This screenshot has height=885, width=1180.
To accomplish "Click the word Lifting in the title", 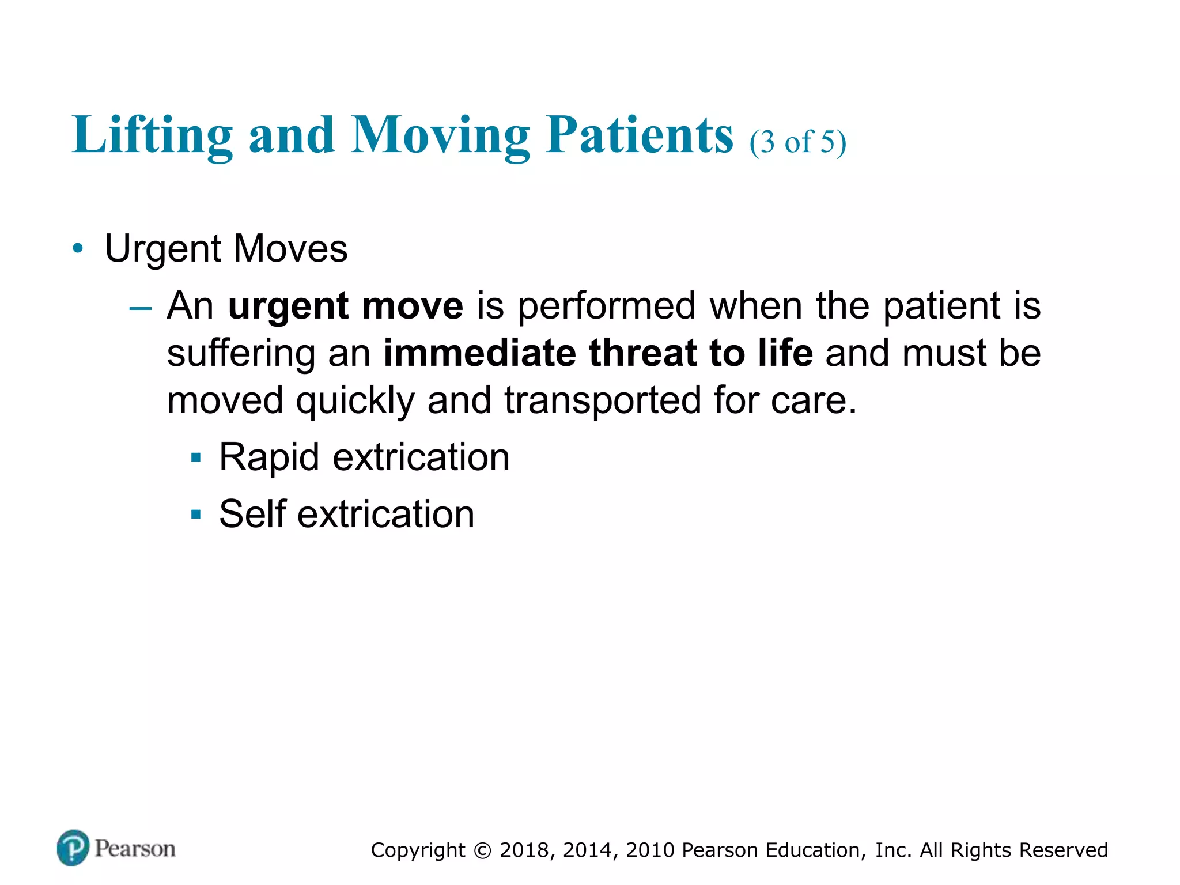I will [x=152, y=136].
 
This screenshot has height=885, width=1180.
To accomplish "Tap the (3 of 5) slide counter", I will [x=797, y=142].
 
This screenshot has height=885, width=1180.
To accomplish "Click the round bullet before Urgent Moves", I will [x=78, y=249].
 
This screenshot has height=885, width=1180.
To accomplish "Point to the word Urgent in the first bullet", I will [x=162, y=249].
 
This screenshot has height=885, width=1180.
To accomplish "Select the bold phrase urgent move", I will [x=345, y=306].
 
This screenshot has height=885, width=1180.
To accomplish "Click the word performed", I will [x=606, y=306].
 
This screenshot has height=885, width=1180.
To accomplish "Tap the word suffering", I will [x=240, y=353].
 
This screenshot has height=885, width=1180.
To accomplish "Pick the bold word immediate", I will [x=479, y=353].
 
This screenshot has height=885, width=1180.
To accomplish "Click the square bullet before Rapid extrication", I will [x=196, y=458].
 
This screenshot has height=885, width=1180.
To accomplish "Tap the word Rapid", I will [x=269, y=458].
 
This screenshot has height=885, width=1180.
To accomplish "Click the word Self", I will [x=252, y=514].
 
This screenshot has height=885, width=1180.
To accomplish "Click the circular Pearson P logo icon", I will [x=73, y=848].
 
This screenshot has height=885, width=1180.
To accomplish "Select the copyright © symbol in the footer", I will [x=482, y=850].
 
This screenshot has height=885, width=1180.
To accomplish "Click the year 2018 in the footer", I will [x=524, y=850].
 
